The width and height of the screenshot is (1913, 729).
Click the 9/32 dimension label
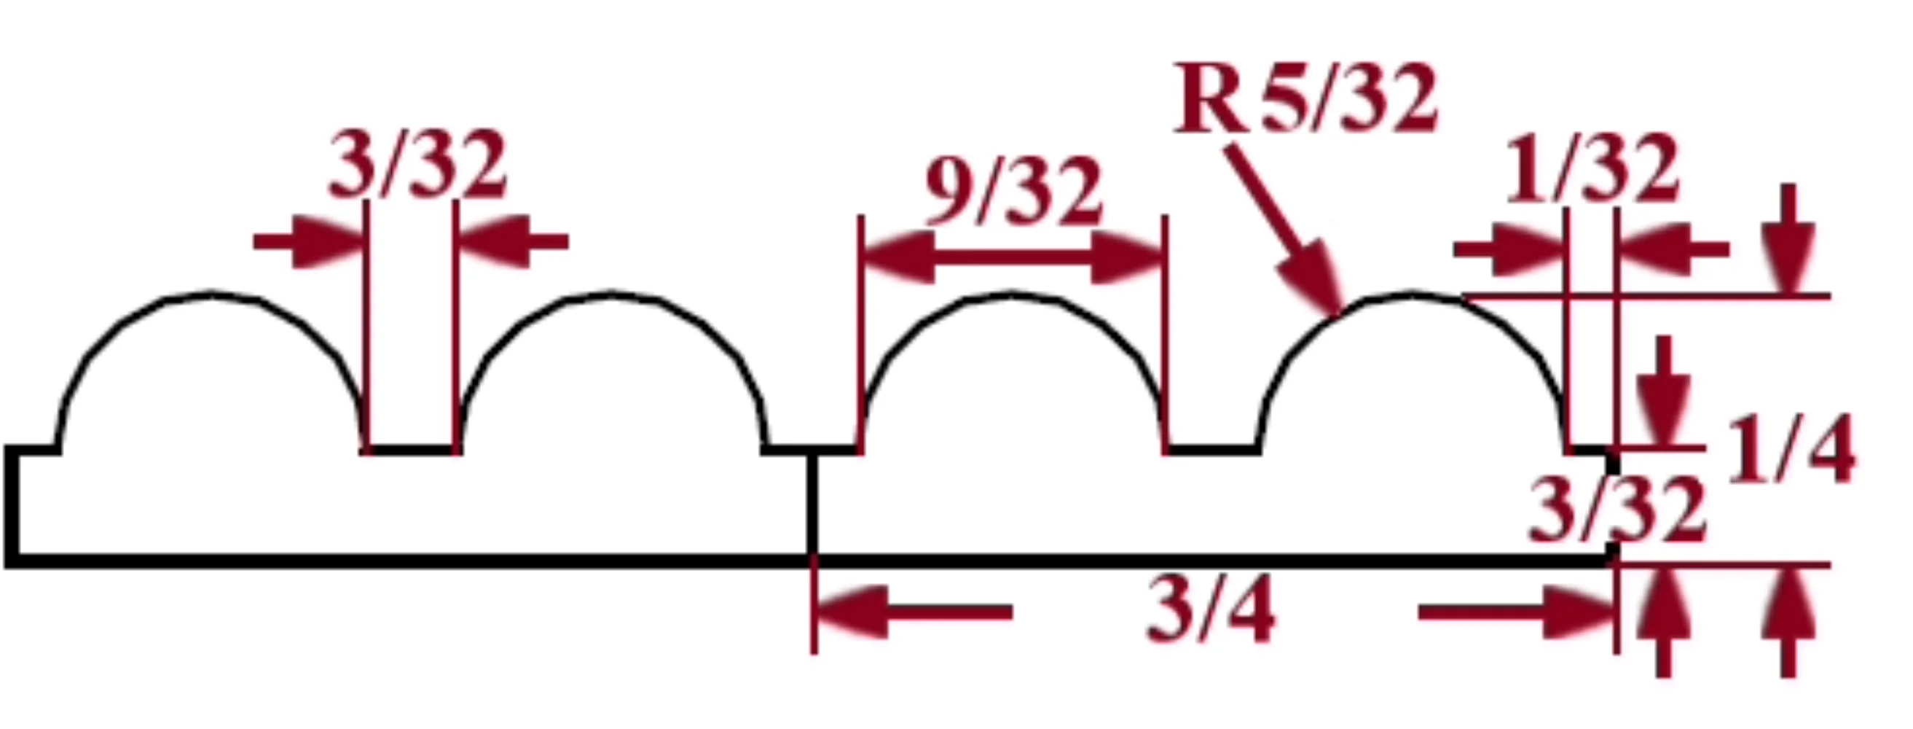tap(1013, 192)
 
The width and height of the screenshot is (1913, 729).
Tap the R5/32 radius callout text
tap(1305, 99)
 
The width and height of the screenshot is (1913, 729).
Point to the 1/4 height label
tap(1791, 451)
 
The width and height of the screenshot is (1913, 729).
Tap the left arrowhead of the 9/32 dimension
tap(897, 257)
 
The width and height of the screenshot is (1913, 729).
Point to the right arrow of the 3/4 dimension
tap(1518, 612)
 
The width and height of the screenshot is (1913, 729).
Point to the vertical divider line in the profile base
tap(813, 505)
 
